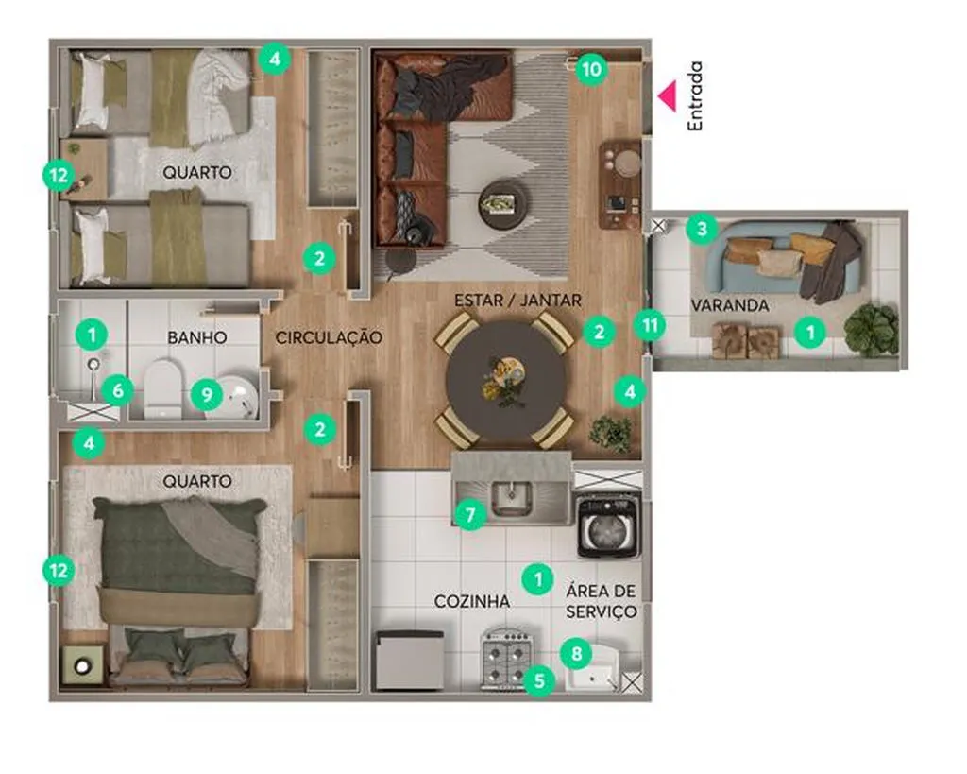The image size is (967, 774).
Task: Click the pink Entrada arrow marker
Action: [x=667, y=96]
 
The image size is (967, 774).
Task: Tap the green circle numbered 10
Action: [x=591, y=69]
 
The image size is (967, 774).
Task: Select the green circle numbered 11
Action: [x=650, y=325]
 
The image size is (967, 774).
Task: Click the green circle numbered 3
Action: [x=702, y=229]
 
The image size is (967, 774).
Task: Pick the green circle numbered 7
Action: [x=470, y=513]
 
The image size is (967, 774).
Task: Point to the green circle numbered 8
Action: [x=577, y=653]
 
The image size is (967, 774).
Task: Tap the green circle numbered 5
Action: [x=539, y=680]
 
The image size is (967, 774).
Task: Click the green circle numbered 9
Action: [x=206, y=394]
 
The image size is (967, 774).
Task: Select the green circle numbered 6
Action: [x=118, y=390]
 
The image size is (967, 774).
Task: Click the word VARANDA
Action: [x=730, y=305]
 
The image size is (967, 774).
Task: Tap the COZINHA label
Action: [x=472, y=601]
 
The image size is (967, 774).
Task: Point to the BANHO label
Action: [x=197, y=337]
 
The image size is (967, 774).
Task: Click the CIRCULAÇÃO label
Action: [x=329, y=337]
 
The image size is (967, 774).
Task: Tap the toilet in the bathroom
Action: [x=162, y=388]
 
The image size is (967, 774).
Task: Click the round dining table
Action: [x=506, y=381]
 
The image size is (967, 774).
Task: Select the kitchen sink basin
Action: [x=511, y=497]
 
